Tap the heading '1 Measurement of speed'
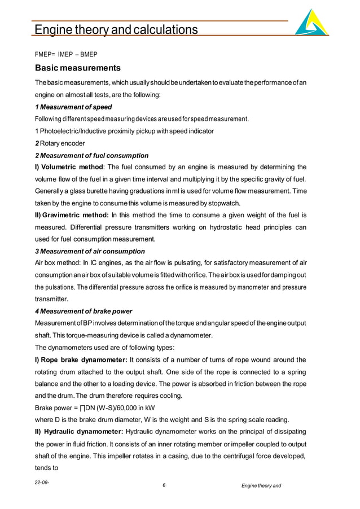tap(73, 107)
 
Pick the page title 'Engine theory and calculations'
tap(116, 29)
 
